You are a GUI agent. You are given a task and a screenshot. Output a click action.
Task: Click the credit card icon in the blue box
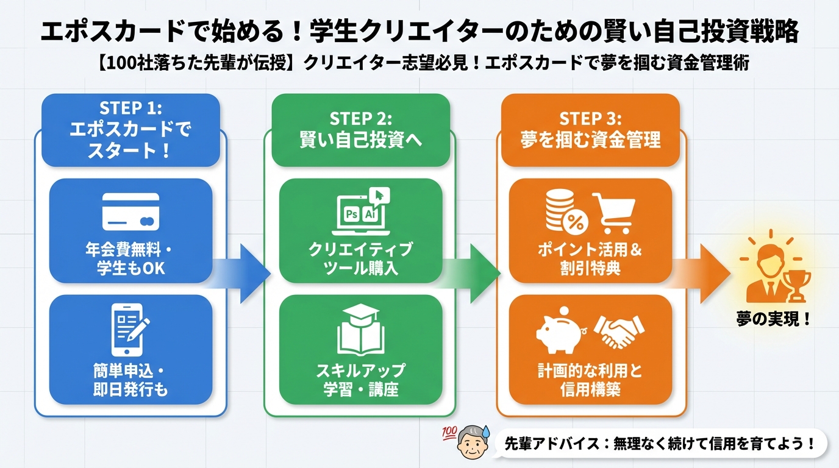(x=131, y=211)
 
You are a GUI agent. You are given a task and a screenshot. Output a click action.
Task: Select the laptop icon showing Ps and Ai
(x=361, y=213)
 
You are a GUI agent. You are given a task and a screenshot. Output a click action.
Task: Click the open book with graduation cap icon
(x=361, y=329)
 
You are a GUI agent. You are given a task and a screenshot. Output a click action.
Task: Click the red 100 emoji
(x=449, y=432)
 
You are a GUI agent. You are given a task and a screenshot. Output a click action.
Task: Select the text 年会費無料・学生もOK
(x=130, y=258)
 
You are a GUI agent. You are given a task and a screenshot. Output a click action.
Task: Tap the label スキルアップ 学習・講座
(x=360, y=380)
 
